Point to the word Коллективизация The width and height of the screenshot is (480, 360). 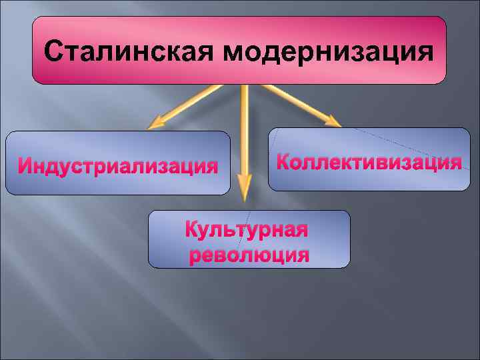pos(369,163)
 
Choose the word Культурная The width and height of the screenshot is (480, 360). pos(246,231)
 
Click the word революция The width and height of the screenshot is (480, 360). pos(249,255)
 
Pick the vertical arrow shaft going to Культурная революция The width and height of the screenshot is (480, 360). pos(244,133)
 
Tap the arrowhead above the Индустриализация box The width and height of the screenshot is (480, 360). pos(156,122)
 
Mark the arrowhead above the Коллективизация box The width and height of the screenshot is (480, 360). pos(331,119)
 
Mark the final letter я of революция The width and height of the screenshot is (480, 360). pos(303,257)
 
